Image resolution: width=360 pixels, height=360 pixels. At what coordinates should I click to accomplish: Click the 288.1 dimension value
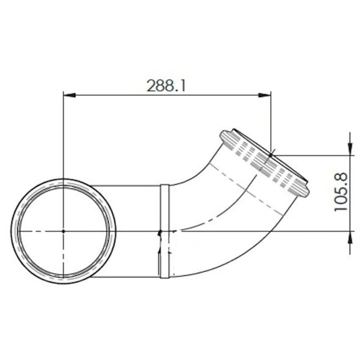(x=166, y=85)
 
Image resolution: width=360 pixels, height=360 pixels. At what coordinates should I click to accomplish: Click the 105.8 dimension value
(x=341, y=192)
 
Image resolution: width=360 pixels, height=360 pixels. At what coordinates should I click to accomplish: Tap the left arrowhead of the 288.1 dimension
(x=69, y=95)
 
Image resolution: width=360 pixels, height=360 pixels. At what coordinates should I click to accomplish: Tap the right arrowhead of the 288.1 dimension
(x=265, y=95)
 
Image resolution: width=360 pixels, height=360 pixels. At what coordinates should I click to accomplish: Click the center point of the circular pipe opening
(x=63, y=231)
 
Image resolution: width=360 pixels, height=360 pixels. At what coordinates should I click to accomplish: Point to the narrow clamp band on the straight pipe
(x=164, y=231)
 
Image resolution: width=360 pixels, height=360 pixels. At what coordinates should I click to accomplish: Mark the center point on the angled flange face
(x=271, y=156)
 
